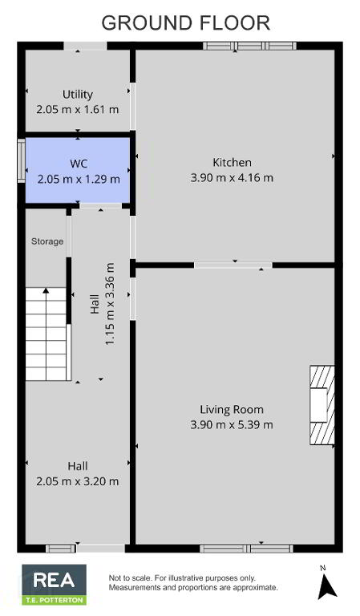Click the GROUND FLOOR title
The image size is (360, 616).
[186, 23]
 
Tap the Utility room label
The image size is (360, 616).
[78, 95]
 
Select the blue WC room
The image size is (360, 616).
[78, 170]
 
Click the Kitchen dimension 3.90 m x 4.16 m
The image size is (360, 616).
[232, 177]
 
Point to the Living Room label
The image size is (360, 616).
[232, 409]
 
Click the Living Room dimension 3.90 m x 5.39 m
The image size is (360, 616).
[232, 424]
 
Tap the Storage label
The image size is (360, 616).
[47, 241]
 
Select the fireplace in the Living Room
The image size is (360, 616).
[322, 405]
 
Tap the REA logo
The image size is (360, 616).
[55, 584]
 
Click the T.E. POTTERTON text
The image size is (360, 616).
[55, 600]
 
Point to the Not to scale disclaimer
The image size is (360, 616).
[193, 583]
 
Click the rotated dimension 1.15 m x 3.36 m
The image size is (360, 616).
[110, 305]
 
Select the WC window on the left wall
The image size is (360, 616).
[21, 160]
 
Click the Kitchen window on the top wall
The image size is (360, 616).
[249, 46]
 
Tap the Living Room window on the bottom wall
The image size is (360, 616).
[246, 549]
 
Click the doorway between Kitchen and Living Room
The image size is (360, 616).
[233, 265]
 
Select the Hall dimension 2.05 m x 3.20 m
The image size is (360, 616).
[77, 481]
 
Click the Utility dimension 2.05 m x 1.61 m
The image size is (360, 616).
[77, 109]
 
